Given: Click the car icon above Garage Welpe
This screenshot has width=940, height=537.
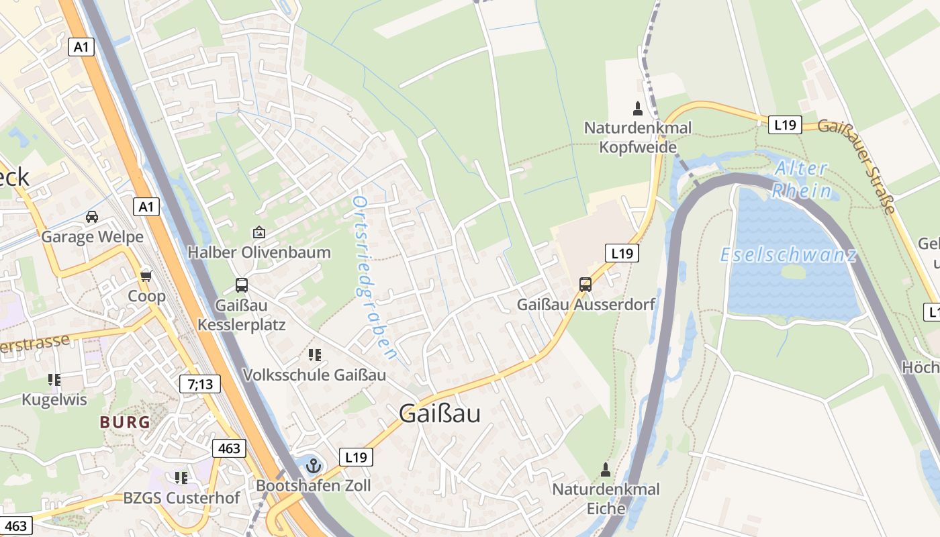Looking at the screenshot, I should click(92, 217).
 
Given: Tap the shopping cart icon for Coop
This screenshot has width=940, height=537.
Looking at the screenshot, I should click(146, 276).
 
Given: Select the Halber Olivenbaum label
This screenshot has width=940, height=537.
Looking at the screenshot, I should click(258, 252).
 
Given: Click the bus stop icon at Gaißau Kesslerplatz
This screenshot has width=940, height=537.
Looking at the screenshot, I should click(242, 285).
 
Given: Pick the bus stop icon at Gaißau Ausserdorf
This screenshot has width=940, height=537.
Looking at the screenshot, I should click(585, 284).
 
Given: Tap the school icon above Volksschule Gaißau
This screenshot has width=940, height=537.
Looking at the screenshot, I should click(314, 354).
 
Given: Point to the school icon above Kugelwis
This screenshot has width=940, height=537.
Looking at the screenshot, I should click(54, 380).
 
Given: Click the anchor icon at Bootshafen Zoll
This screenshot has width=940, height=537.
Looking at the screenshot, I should click(313, 465).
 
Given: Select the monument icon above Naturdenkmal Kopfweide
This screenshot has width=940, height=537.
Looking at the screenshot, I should click(638, 108).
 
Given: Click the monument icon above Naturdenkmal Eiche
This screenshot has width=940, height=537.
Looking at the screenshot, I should click(606, 469).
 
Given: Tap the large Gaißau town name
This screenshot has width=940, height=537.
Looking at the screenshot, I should click(440, 413).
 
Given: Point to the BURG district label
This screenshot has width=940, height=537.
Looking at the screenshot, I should click(125, 422).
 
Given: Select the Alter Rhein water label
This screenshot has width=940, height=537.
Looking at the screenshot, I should click(800, 179).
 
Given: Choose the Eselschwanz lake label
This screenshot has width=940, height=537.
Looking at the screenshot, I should click(788, 255).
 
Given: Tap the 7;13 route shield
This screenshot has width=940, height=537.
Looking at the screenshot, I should click(200, 384).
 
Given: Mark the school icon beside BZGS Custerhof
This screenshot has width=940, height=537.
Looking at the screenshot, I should click(181, 478).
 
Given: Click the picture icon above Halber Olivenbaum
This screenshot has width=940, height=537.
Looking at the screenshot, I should click(258, 233).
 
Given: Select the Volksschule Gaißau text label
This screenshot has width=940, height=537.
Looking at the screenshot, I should click(314, 375).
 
